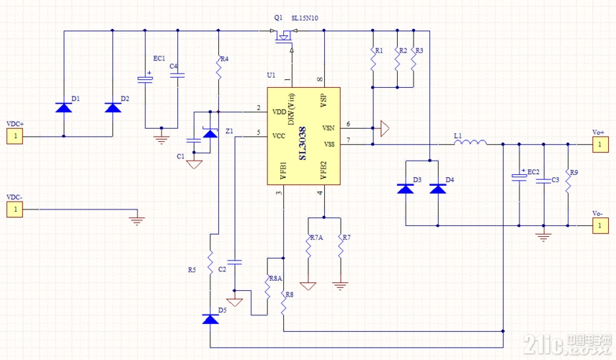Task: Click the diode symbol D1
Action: tap(63, 107)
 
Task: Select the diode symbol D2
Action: tap(112, 107)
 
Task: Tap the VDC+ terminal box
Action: tap(14, 135)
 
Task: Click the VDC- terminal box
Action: tap(14, 210)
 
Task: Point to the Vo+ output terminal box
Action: tap(597, 145)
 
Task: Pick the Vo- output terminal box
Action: tap(597, 225)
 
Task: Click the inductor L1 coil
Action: tap(469, 144)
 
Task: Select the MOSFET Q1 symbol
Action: tap(284, 36)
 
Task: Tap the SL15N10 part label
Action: tap(305, 17)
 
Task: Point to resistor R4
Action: tap(218, 68)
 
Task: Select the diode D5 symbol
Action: tap(210, 319)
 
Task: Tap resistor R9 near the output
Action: tap(568, 182)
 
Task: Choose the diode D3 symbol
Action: tap(405, 189)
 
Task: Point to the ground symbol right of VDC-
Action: tap(138, 217)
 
